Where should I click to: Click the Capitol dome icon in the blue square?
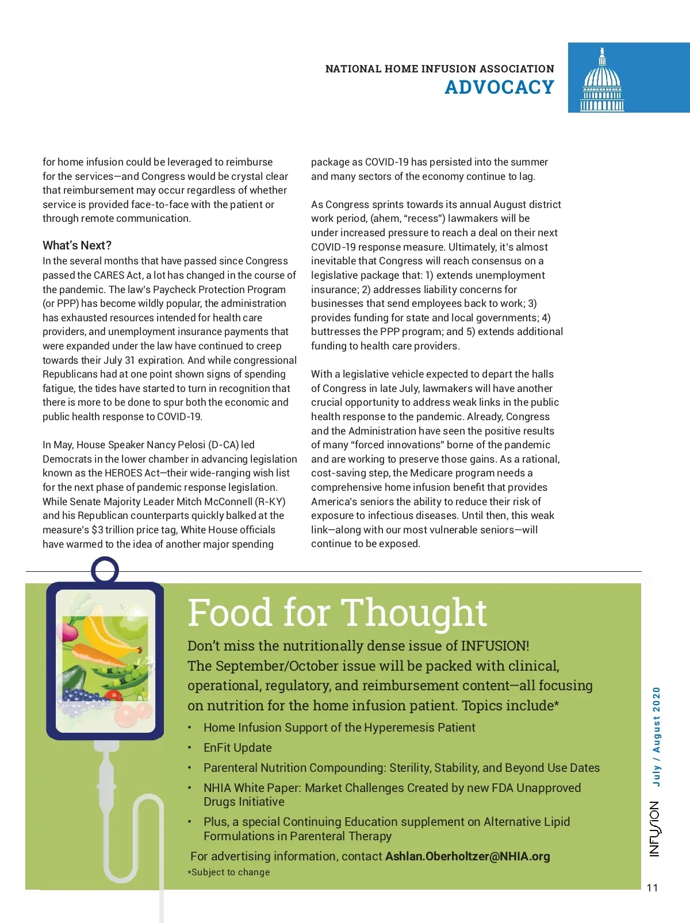tap(602, 80)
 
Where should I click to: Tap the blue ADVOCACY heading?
tap(499, 87)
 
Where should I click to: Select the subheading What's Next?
tap(77, 245)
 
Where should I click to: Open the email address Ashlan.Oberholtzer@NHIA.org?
tap(467, 856)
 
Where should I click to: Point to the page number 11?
tap(652, 888)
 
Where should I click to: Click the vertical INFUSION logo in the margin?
tap(655, 829)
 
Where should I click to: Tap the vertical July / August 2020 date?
tap(656, 736)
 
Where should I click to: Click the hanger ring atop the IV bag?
tap(105, 571)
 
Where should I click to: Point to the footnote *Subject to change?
tap(229, 872)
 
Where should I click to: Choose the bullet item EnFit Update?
tap(237, 748)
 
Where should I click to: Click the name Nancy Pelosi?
tap(176, 445)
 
